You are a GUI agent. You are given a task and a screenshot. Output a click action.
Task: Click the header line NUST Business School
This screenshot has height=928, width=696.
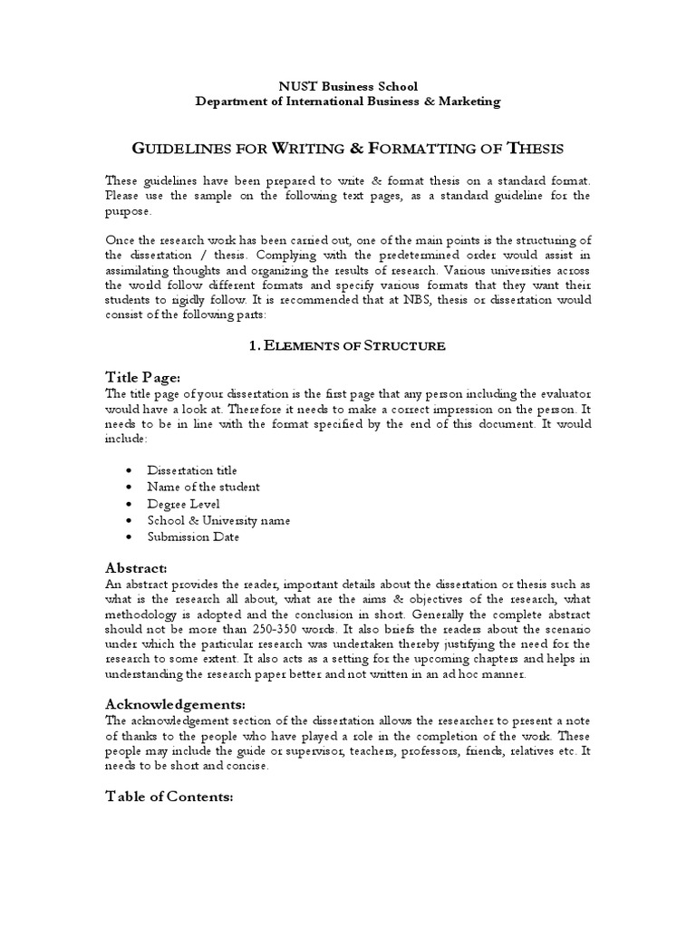pyautogui.click(x=348, y=86)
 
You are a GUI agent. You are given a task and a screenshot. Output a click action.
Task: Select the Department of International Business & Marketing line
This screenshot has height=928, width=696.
pyautogui.click(x=348, y=101)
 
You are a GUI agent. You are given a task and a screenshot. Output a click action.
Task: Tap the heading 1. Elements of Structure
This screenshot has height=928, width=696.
pyautogui.click(x=348, y=345)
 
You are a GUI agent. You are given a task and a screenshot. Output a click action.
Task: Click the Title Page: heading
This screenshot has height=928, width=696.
pyautogui.click(x=143, y=377)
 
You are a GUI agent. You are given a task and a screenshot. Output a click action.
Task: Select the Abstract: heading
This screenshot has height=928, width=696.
pyautogui.click(x=137, y=567)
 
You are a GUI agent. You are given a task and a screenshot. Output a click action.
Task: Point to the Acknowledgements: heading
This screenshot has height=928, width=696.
pyautogui.click(x=175, y=704)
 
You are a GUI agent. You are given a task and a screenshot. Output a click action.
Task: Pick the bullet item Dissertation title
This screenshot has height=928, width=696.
pyautogui.click(x=193, y=470)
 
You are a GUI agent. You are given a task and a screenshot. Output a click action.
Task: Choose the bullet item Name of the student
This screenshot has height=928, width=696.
pyautogui.click(x=204, y=487)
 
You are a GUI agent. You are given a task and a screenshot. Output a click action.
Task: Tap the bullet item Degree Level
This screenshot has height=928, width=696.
pyautogui.click(x=184, y=503)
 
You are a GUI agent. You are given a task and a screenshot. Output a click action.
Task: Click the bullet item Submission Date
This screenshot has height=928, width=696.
pyautogui.click(x=194, y=536)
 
